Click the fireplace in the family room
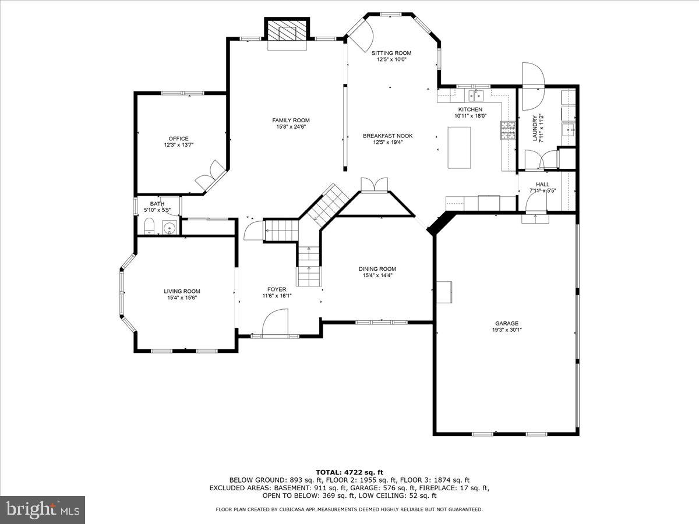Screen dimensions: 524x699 [x=285, y=32]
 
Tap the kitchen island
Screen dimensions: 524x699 [x=459, y=147]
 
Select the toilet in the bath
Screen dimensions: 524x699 [x=148, y=226]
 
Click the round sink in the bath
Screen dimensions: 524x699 [x=170, y=228]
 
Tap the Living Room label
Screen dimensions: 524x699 [x=182, y=291]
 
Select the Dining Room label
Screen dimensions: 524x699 [x=377, y=268]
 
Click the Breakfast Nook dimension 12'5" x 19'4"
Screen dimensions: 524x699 [x=388, y=143]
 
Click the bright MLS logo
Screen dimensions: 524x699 [x=43, y=510]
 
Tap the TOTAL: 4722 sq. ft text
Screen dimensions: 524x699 [x=349, y=472]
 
